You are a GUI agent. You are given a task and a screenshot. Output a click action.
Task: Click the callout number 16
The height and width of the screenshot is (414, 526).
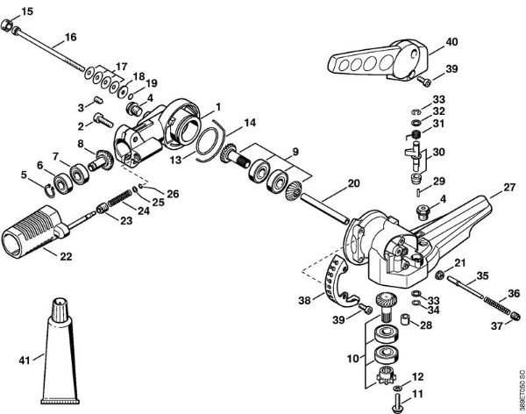pos(70,38)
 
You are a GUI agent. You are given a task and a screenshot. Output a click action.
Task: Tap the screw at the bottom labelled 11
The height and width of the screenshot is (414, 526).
pos(397,403)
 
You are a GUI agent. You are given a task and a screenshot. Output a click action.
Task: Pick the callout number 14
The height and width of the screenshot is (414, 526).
pos(250,122)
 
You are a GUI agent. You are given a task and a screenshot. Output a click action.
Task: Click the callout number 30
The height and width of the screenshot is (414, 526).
pos(438,151)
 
